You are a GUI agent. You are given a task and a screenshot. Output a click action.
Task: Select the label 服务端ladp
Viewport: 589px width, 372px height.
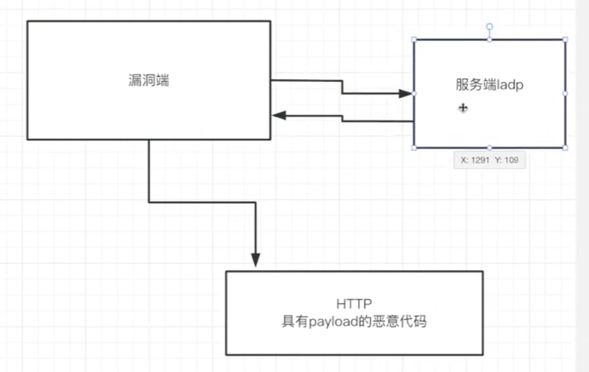489,84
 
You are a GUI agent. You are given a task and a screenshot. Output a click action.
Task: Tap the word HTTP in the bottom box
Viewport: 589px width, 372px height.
354,304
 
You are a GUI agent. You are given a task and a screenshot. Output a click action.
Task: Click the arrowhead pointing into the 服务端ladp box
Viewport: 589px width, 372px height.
406,93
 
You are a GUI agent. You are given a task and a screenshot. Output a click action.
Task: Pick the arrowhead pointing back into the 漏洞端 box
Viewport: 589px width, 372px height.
277,115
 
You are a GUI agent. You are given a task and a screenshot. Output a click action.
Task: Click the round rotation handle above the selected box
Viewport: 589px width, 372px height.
489,26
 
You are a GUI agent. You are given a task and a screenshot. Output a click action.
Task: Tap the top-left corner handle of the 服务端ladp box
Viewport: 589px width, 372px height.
414,40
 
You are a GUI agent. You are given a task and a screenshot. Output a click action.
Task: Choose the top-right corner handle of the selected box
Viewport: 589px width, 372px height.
565,40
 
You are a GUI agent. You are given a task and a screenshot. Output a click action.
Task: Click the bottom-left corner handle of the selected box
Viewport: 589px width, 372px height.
414,147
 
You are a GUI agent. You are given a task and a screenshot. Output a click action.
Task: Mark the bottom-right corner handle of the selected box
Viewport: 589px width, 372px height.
565,147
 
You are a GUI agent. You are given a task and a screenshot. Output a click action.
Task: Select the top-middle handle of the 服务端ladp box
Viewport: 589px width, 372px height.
489,40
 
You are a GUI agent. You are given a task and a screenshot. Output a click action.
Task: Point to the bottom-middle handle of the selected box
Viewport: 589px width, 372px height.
489,147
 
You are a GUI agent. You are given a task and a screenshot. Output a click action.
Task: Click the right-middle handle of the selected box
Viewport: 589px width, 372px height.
565,93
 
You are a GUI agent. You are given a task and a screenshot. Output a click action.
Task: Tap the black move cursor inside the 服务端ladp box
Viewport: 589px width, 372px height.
463,107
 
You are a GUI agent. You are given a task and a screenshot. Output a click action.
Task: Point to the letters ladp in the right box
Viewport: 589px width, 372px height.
511,85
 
